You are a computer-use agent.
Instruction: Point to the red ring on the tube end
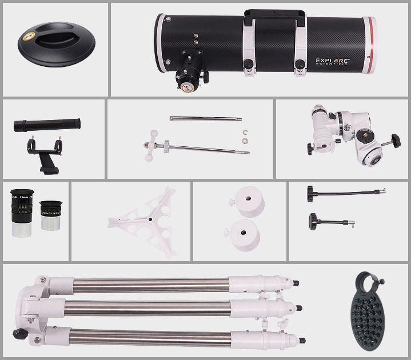click(x=373, y=43)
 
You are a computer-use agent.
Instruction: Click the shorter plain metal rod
click(x=205, y=119)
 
